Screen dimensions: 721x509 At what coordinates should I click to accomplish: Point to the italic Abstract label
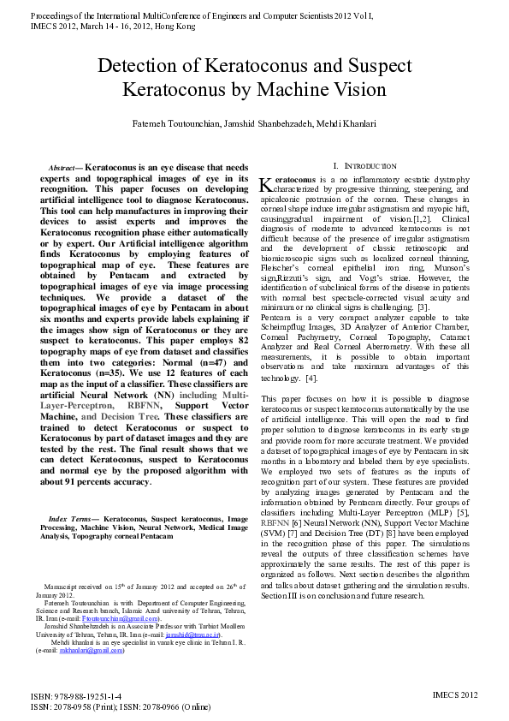63,169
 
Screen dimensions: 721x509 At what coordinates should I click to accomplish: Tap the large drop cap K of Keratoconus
265,183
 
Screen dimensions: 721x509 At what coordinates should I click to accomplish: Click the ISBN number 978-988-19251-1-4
87,697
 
